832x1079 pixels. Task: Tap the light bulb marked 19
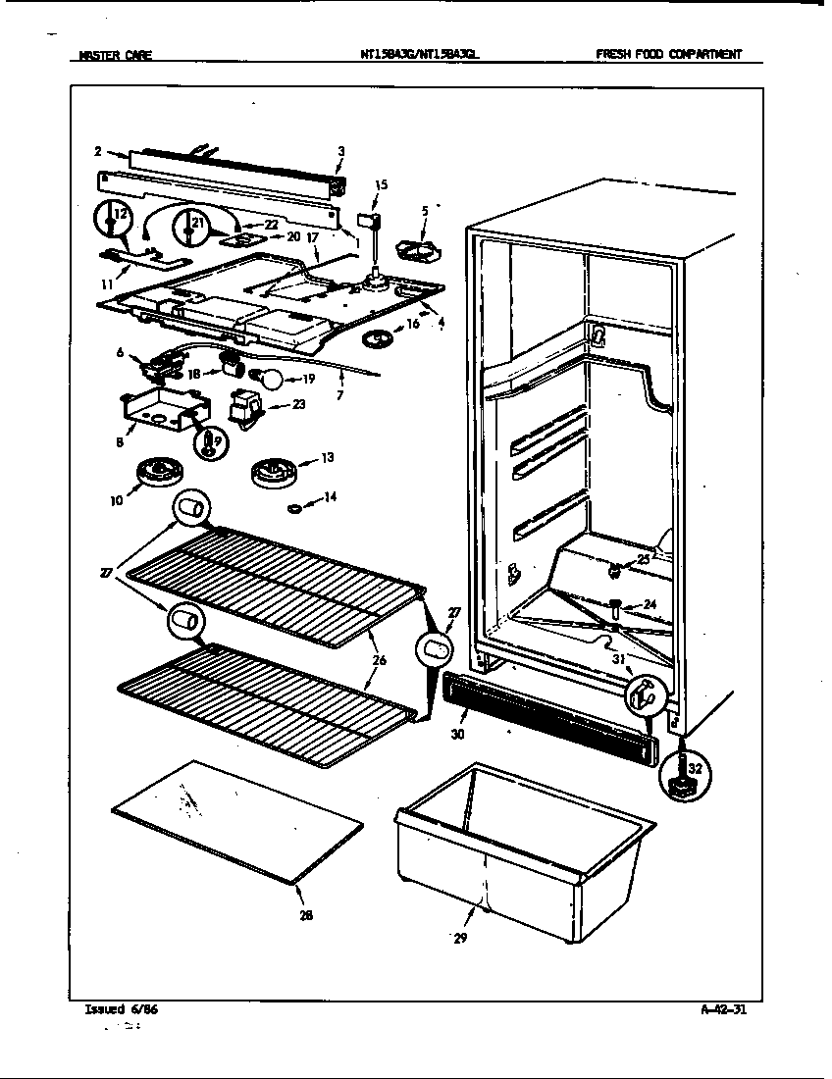(269, 378)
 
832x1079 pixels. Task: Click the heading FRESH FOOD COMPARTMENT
(668, 56)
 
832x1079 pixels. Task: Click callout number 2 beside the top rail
(98, 151)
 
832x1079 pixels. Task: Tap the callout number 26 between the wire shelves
(379, 661)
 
